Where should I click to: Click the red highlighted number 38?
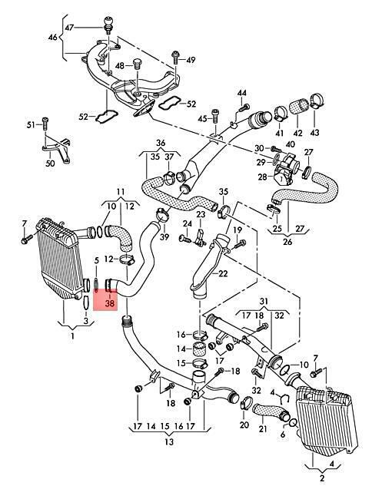(x=109, y=303)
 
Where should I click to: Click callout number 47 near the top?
(x=69, y=28)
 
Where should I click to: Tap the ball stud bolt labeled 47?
(x=109, y=24)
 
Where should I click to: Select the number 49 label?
(x=191, y=60)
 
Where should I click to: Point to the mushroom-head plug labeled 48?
(x=138, y=64)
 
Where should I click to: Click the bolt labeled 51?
(x=45, y=124)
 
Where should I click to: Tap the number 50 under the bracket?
(x=50, y=164)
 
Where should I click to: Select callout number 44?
(x=242, y=93)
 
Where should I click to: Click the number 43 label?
(x=314, y=132)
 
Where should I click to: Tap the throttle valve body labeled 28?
(x=284, y=170)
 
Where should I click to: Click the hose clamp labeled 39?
(x=163, y=215)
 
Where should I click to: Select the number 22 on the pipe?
(x=223, y=273)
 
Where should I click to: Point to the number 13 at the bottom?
(x=169, y=441)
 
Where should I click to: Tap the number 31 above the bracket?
(x=264, y=301)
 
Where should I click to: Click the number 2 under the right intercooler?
(x=322, y=478)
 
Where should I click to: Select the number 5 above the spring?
(x=97, y=261)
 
